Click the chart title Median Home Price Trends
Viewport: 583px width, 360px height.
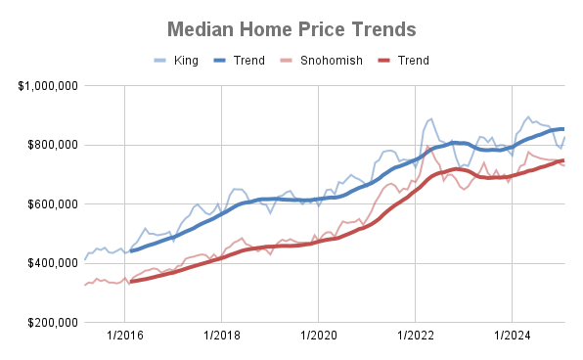(291, 29)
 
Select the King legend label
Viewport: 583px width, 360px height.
(186, 61)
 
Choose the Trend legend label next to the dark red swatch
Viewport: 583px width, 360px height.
(413, 61)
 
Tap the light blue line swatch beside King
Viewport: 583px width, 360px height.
(162, 61)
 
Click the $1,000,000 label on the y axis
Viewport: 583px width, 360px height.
(48, 86)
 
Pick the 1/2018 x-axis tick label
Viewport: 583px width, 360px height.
(221, 337)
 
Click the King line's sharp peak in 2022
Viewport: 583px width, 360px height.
(430, 118)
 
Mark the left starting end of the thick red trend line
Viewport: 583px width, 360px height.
(131, 282)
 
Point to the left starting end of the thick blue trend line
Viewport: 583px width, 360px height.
(131, 250)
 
